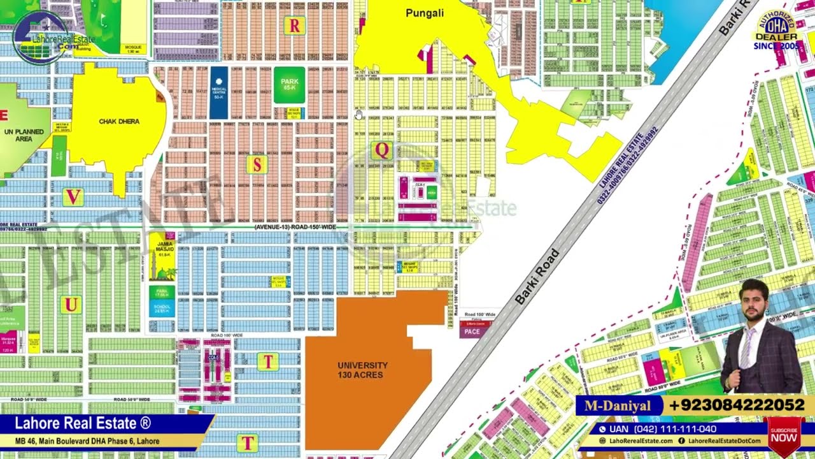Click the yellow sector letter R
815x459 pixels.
(x=294, y=25)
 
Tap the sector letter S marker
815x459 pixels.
(x=257, y=164)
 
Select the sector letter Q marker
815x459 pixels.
(x=382, y=150)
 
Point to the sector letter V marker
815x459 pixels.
(x=73, y=197)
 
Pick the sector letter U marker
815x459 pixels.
(x=71, y=305)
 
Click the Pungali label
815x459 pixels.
(x=425, y=13)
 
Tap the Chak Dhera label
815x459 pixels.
(x=119, y=121)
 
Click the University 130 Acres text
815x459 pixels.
(x=362, y=370)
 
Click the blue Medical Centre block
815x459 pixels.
(x=218, y=92)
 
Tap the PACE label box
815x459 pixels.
(x=472, y=331)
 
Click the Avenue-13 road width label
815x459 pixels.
(x=295, y=227)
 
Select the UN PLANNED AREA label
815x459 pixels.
(x=24, y=135)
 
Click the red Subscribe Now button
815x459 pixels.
(x=784, y=435)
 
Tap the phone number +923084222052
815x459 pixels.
(x=737, y=405)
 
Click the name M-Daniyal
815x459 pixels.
(x=618, y=405)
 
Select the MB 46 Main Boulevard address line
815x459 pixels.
(x=87, y=441)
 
